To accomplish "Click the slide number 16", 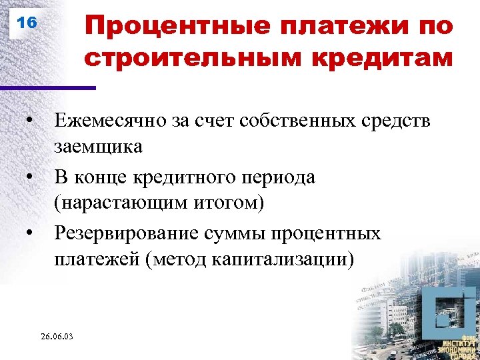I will click(x=26, y=23).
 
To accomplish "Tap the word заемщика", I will click(x=98, y=145).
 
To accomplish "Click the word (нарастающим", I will click(x=117, y=203).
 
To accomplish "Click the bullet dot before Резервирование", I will click(x=30, y=234).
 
